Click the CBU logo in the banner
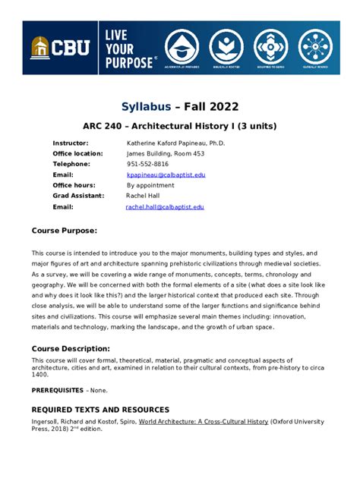click(x=60, y=48)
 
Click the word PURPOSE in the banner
click(x=128, y=63)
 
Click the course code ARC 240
click(x=106, y=125)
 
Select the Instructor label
click(x=71, y=143)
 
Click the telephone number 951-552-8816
click(x=147, y=164)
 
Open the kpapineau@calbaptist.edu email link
click(x=166, y=175)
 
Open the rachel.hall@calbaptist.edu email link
click(x=165, y=206)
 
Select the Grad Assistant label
click(x=78, y=196)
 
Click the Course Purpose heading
click(x=64, y=230)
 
